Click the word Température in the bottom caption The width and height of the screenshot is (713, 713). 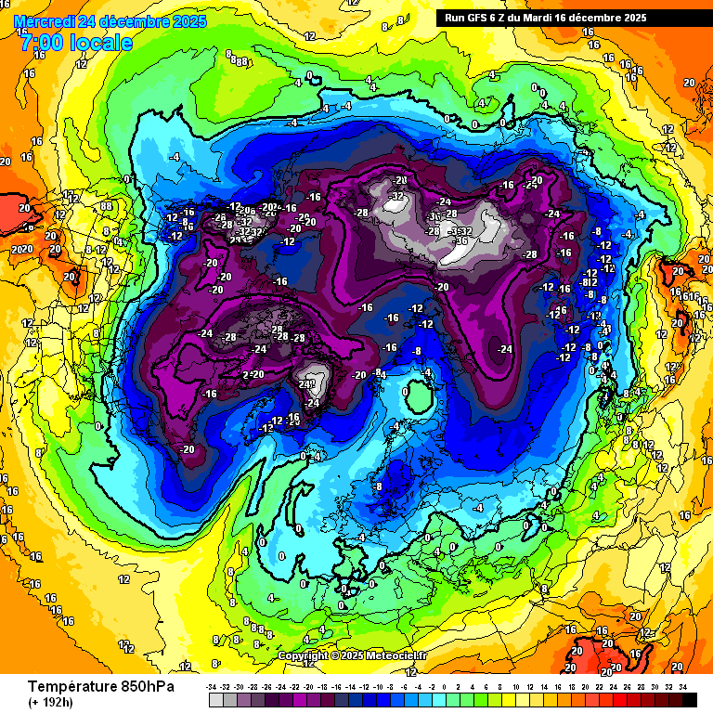[x=73, y=686]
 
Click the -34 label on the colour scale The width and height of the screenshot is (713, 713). [x=213, y=686]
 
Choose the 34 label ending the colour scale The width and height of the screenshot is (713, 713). [x=682, y=686]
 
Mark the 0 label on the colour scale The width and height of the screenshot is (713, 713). [x=446, y=686]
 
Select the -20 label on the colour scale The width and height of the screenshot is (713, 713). [x=309, y=686]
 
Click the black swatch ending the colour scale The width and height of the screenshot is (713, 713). [x=689, y=699]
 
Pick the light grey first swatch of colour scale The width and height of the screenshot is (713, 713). [x=216, y=699]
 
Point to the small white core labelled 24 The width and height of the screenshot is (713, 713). [x=316, y=382]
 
